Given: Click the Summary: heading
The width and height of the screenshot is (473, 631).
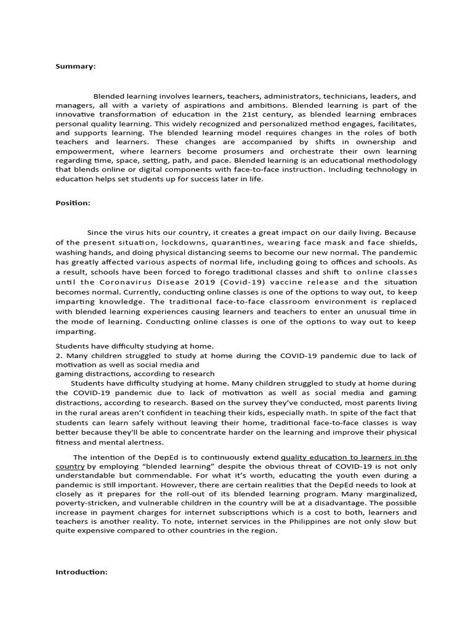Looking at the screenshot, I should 75,67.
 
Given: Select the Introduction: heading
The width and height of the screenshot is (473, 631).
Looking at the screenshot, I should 81,572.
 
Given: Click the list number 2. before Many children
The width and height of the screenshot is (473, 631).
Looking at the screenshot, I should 59,356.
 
